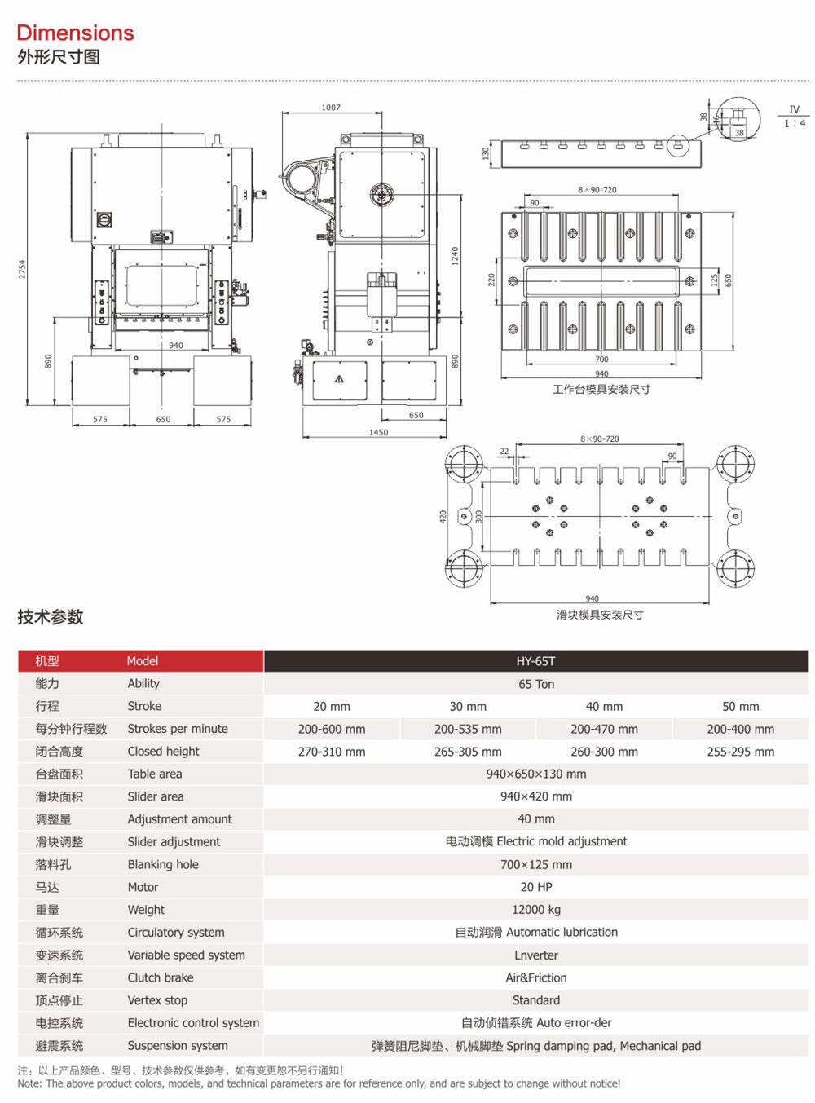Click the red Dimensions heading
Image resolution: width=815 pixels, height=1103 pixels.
pyautogui.click(x=75, y=33)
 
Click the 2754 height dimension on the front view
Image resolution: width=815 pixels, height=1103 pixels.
pyautogui.click(x=22, y=269)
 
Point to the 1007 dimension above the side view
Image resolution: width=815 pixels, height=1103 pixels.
pyautogui.click(x=331, y=108)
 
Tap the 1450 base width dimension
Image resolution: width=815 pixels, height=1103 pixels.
pyautogui.click(x=378, y=432)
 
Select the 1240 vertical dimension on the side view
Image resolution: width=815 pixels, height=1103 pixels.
pyautogui.click(x=455, y=255)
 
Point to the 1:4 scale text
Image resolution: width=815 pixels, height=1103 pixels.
pyautogui.click(x=795, y=124)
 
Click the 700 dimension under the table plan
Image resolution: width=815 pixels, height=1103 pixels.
pyautogui.click(x=601, y=360)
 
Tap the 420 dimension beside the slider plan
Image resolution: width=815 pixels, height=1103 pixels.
pyautogui.click(x=443, y=516)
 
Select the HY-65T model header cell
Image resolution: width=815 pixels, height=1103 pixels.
pyautogui.click(x=535, y=661)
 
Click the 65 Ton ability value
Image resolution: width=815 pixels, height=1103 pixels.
pyautogui.click(x=535, y=684)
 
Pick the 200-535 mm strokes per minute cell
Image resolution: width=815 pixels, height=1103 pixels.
pyautogui.click(x=468, y=729)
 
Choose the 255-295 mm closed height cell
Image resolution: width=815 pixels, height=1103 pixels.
pyautogui.click(x=740, y=752)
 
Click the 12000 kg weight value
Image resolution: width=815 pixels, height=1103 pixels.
pyautogui.click(x=535, y=910)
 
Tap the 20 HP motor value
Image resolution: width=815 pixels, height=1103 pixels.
pyautogui.click(x=535, y=887)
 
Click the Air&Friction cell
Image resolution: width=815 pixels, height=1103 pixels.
pyautogui.click(x=535, y=977)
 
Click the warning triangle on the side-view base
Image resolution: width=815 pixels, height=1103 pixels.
pyautogui.click(x=339, y=379)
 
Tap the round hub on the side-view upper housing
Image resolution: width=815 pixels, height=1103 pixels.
pyautogui.click(x=381, y=195)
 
